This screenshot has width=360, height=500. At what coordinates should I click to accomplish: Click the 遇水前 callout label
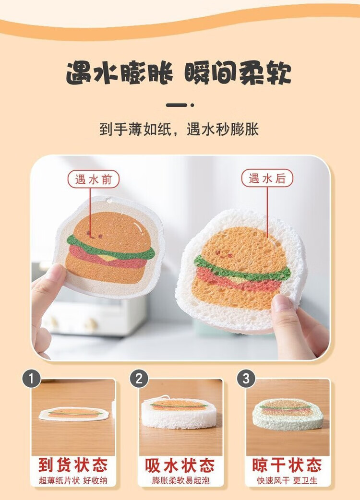(93, 179)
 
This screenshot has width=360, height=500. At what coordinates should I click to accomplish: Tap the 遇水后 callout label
(267, 178)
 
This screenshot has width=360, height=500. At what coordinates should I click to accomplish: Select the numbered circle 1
(31, 379)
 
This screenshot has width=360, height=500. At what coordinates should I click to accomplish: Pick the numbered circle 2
(139, 379)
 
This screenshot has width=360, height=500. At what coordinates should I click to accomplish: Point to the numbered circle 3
(246, 379)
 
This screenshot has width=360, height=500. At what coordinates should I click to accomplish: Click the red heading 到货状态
(73, 465)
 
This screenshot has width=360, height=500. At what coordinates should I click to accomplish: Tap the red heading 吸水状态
(180, 465)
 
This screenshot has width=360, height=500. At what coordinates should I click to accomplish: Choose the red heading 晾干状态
(287, 465)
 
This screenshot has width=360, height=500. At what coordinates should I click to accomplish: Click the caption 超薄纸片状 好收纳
(73, 480)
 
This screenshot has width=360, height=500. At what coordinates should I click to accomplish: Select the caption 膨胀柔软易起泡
(180, 480)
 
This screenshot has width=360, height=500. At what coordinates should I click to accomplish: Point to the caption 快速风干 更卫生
(288, 480)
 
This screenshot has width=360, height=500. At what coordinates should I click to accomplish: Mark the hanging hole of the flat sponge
(110, 201)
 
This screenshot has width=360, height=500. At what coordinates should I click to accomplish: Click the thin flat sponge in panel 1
(74, 414)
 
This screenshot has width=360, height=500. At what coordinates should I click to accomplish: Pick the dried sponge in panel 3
(288, 414)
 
